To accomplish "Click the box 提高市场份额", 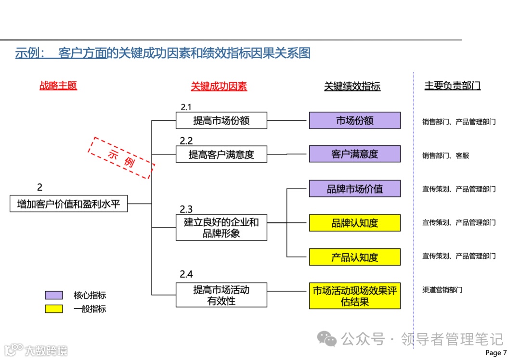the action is (x=221, y=120).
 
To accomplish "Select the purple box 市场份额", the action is (x=354, y=120).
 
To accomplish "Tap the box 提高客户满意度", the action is (x=221, y=154).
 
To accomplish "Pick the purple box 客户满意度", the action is (x=354, y=154).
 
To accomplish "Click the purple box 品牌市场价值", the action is (x=354, y=189).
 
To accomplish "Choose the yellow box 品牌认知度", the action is (x=354, y=223).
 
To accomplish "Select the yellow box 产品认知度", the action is (x=354, y=257).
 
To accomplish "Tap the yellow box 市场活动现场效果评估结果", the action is (x=354, y=296).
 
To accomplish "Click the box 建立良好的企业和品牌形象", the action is (x=221, y=228).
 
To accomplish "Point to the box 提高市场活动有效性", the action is (x=221, y=295).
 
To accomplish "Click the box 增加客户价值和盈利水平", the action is (x=68, y=204).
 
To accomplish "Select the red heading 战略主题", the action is (x=58, y=86).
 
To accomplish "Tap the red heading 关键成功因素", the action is (x=219, y=86).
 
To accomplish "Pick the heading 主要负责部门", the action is (x=452, y=86).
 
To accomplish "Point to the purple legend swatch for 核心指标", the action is (x=54, y=295).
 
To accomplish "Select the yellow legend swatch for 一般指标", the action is (x=54, y=309).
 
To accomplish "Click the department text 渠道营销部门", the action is (x=442, y=290).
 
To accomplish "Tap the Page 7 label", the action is (x=496, y=353).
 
